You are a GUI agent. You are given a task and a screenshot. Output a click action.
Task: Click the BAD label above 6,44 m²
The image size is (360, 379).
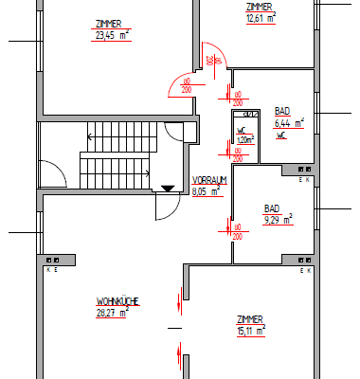coord(282,111)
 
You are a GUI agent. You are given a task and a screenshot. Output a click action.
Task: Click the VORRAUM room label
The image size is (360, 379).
coord(208,180)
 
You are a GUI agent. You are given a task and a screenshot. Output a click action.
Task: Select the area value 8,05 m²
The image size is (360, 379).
coord(207,190)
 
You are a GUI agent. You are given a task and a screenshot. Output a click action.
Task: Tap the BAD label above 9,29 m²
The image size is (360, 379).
coord(272,208)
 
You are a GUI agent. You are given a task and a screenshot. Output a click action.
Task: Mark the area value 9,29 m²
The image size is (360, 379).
coord(278,219)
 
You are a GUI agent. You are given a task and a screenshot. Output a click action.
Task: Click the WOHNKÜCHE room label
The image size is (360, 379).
coord(117,301)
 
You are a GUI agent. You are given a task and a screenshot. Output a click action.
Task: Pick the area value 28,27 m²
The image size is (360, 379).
coord(114,312)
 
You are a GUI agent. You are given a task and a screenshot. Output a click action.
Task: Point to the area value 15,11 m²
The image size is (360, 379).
coord(251,331)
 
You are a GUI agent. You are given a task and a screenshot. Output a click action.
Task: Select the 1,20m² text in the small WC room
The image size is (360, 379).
coord(244,139)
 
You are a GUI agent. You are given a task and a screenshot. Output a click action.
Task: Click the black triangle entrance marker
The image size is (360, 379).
coord(168,188)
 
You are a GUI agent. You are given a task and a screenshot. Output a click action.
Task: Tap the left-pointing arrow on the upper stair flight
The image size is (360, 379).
coord(88,135)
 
